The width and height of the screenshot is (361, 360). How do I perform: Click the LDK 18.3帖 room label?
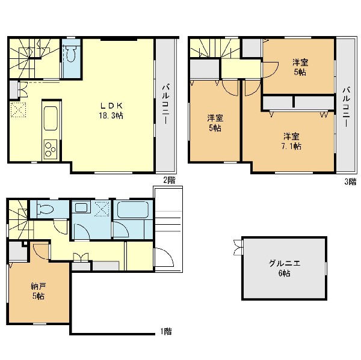[x=111, y=111]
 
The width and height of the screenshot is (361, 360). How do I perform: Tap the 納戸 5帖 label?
[x=39, y=291]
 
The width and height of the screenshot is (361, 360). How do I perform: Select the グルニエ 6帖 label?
[x=285, y=268]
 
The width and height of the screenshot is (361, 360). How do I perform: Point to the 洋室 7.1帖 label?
[x=291, y=141]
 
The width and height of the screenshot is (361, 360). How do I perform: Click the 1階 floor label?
[x=166, y=332]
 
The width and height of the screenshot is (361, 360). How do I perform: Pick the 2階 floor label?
[x=169, y=180]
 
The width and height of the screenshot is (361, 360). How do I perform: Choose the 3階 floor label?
[x=350, y=182]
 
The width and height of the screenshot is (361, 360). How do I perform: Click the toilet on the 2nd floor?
[x=70, y=53]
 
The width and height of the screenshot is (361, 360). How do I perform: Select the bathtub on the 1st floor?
[x=133, y=210]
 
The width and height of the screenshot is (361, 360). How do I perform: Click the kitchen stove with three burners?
[x=50, y=149]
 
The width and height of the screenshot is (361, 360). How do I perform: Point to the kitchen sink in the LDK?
[x=51, y=118]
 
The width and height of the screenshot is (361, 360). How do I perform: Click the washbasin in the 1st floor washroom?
[x=81, y=207]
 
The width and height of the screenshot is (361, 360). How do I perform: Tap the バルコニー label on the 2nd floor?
[x=166, y=105]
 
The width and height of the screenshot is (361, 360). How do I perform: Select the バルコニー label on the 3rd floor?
[x=346, y=106]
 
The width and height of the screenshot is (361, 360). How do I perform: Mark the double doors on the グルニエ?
[x=238, y=247]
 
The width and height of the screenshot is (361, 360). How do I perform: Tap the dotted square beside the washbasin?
[x=102, y=209]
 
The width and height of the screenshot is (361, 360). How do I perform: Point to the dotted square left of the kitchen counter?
[x=18, y=110]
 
